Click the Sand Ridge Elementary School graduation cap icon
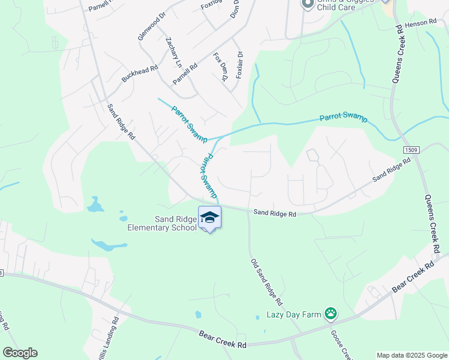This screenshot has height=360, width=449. [209, 218]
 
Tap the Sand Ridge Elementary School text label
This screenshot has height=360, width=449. [162, 223]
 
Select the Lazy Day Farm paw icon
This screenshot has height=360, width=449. [330, 313]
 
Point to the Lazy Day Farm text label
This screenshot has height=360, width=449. [294, 315]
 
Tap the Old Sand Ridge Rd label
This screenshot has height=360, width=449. [265, 282]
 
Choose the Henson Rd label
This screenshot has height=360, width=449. [420, 22]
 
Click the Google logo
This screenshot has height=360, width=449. [20, 353]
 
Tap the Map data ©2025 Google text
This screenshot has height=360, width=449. [411, 355]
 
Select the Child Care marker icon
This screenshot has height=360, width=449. [307, 4]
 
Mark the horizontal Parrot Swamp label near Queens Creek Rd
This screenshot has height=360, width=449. [343, 118]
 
